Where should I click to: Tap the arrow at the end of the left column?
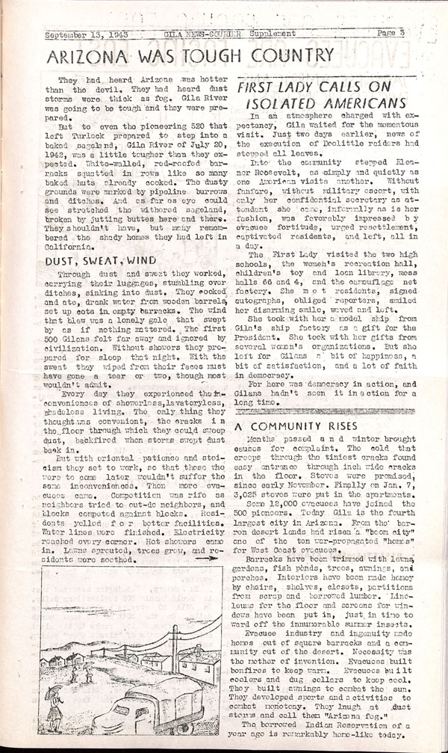tap(211, 558)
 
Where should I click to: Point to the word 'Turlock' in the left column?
tap(78, 138)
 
